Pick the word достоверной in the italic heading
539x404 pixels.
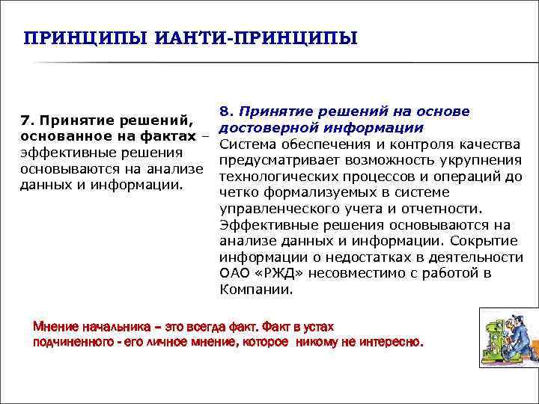click(x=264, y=127)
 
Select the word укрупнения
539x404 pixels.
click(x=483, y=160)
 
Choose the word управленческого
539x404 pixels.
click(x=273, y=209)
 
